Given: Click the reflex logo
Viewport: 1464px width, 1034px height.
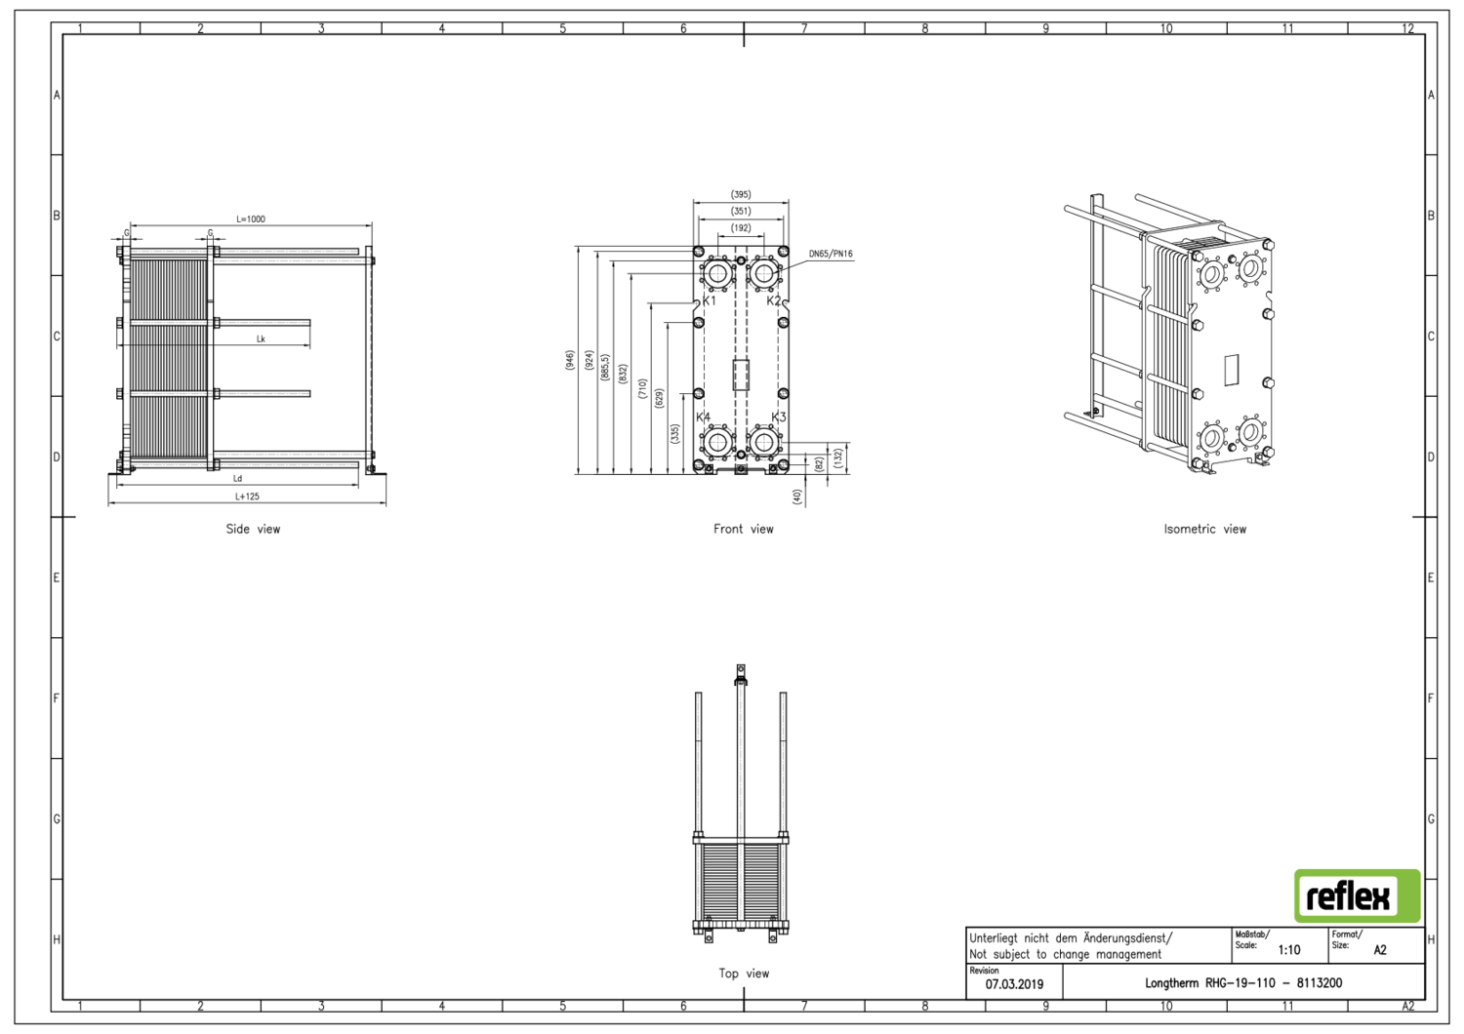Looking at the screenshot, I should [x=1357, y=895].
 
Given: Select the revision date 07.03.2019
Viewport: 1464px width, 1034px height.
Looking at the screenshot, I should [x=1014, y=984].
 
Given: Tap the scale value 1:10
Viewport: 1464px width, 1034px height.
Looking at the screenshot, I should [x=1289, y=950].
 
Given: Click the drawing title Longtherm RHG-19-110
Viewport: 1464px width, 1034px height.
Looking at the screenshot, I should [x=1242, y=983].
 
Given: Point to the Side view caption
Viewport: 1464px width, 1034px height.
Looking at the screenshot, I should [x=253, y=530].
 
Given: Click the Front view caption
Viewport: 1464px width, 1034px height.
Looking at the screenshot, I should [x=743, y=530].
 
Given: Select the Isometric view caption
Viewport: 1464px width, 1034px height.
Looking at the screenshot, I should [x=1204, y=530].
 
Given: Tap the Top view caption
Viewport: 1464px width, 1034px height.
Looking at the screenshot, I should [x=743, y=974].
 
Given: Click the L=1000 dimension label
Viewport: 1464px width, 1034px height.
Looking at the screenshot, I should [x=250, y=219].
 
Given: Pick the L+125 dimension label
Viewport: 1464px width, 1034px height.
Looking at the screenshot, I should [x=247, y=497].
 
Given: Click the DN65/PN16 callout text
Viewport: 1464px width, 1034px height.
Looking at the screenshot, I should [x=831, y=255].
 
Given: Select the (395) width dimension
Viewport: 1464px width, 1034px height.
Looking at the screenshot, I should [x=741, y=195].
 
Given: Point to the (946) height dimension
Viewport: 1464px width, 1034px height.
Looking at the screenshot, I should [x=570, y=360].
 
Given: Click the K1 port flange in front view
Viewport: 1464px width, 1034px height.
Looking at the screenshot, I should [x=717, y=273].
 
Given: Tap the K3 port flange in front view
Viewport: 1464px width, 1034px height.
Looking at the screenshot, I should [x=764, y=442].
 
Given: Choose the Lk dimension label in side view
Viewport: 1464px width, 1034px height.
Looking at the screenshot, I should [x=261, y=339].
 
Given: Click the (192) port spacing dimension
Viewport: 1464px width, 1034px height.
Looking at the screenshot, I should [x=741, y=228].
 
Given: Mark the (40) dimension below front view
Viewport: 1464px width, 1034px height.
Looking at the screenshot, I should [x=797, y=497].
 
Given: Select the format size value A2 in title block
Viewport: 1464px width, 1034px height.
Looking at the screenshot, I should [x=1379, y=950].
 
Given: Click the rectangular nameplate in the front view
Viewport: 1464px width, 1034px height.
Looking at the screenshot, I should [x=741, y=375].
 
